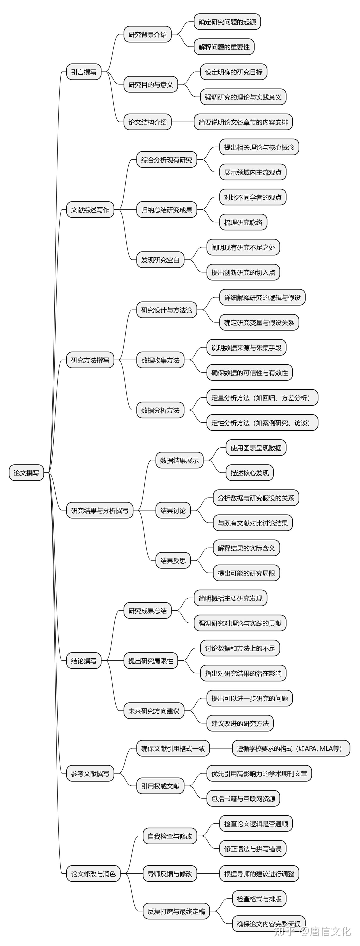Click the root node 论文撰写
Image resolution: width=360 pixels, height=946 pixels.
(x=26, y=473)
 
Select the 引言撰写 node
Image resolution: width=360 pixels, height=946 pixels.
(x=84, y=72)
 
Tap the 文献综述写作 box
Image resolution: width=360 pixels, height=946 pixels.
(x=90, y=210)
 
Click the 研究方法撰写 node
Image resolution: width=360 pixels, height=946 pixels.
(x=90, y=360)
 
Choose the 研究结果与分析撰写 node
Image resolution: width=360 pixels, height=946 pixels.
(x=99, y=510)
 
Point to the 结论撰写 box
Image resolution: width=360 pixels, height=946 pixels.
(x=84, y=661)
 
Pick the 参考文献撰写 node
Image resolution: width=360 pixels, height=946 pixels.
(x=90, y=773)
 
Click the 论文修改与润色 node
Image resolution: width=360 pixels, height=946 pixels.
(x=93, y=874)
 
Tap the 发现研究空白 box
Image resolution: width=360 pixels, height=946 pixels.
(x=160, y=260)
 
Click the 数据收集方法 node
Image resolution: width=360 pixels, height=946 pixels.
(x=160, y=360)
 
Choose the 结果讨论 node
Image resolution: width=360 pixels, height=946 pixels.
(x=173, y=510)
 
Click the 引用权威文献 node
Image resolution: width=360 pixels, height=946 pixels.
(x=160, y=786)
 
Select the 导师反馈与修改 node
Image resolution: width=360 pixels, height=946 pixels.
(x=170, y=874)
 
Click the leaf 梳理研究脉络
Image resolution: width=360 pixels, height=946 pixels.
(x=243, y=222)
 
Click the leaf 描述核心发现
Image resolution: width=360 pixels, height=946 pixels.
(x=249, y=473)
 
